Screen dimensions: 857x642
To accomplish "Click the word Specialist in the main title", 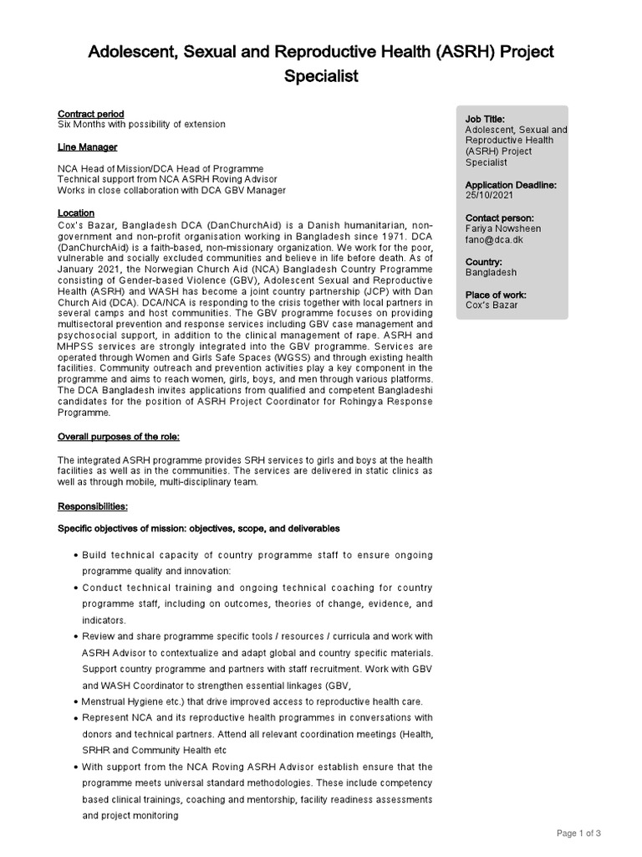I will (x=320, y=76).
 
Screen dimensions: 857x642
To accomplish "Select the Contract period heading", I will (x=90, y=114).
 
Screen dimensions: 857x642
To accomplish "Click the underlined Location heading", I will (x=75, y=213).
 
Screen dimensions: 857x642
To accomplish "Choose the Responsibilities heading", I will (x=92, y=506).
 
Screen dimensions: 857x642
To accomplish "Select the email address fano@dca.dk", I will (x=493, y=239).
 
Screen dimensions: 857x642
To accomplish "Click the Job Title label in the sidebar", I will (x=485, y=120).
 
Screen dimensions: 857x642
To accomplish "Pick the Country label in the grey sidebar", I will (x=484, y=262).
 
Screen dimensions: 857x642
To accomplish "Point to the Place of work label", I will (x=499, y=295).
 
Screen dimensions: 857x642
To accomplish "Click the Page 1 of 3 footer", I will (x=578, y=833).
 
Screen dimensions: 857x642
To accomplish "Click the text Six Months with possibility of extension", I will (x=140, y=125).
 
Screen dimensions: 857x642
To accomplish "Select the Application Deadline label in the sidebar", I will (x=510, y=185).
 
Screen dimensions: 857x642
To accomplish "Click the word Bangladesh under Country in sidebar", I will (x=491, y=273).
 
